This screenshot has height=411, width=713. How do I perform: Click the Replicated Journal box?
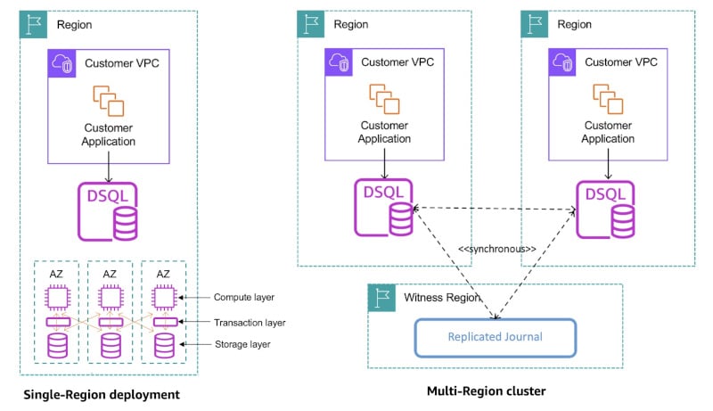[x=495, y=337]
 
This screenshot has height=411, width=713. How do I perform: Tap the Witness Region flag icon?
[x=383, y=299]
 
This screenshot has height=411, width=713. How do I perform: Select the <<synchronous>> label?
[x=496, y=249]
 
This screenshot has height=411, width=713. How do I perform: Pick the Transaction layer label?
[x=250, y=321]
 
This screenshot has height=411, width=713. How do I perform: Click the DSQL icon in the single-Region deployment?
[x=108, y=211]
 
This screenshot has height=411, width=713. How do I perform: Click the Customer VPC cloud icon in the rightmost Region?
[x=564, y=62]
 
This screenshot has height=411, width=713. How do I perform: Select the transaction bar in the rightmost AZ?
[x=164, y=321]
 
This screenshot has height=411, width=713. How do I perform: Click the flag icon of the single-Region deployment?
[x=34, y=24]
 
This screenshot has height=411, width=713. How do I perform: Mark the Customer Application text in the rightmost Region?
[x=608, y=132]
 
